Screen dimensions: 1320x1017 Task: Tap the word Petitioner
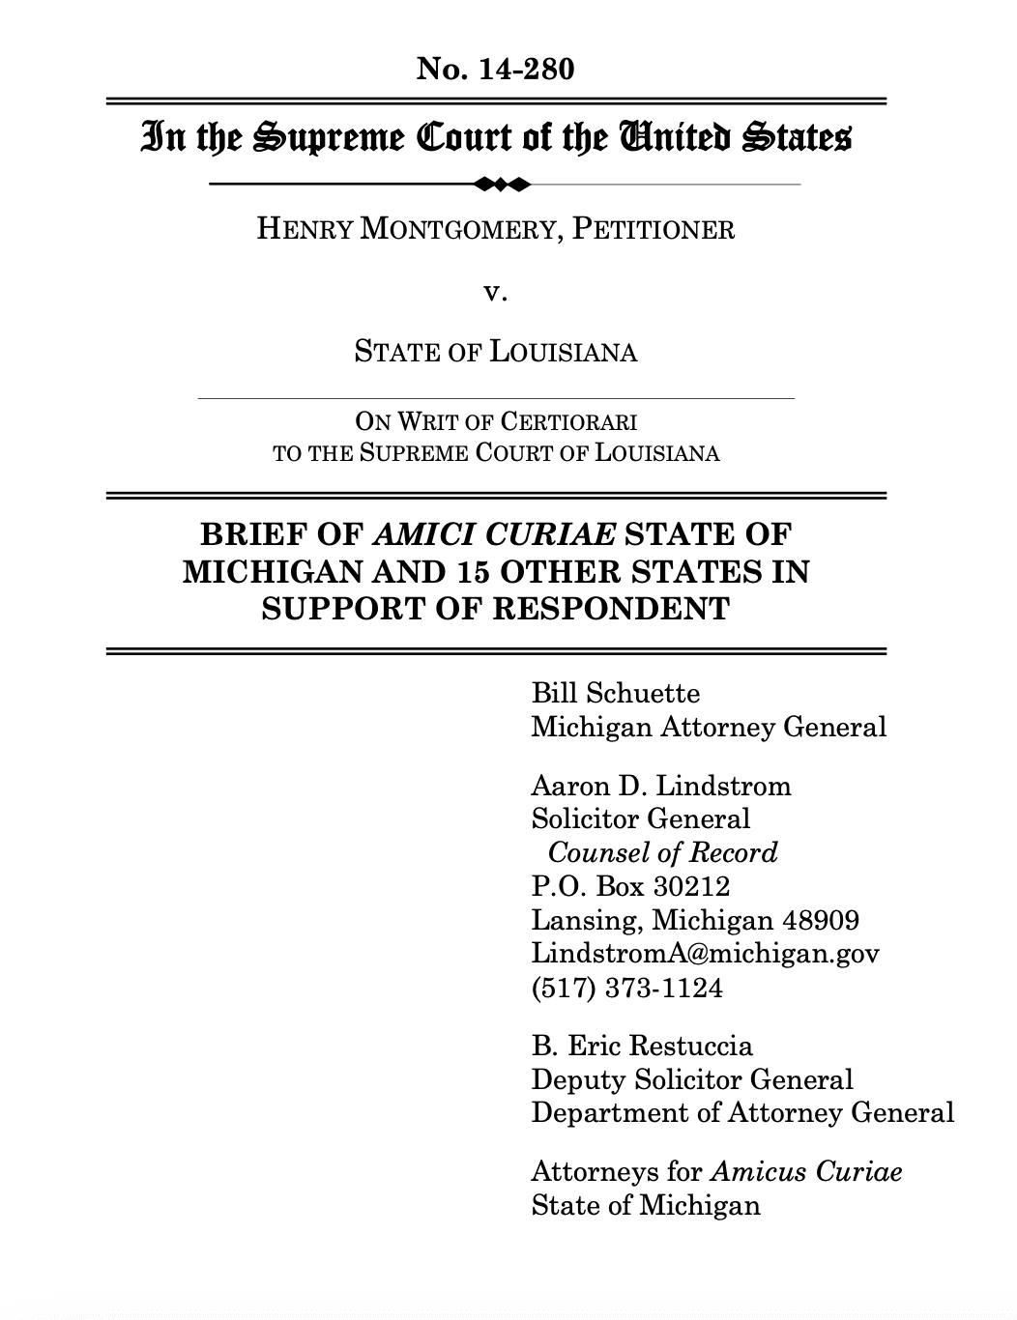(x=654, y=230)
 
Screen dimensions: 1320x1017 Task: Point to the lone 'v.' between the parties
(x=495, y=291)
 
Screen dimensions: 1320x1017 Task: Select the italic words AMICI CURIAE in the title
(x=493, y=534)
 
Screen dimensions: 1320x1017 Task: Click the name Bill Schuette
(x=615, y=693)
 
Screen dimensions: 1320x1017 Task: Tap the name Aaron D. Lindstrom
(x=661, y=786)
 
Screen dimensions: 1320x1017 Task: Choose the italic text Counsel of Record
(x=662, y=852)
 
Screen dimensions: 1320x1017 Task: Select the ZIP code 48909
(x=820, y=920)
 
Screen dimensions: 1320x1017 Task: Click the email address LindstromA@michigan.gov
(x=705, y=954)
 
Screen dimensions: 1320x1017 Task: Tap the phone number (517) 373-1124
(x=626, y=988)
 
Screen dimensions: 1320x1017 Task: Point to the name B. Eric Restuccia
(x=642, y=1046)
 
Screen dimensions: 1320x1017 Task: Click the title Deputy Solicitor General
(x=692, y=1079)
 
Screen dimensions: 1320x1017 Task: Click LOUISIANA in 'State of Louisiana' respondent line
(x=563, y=352)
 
